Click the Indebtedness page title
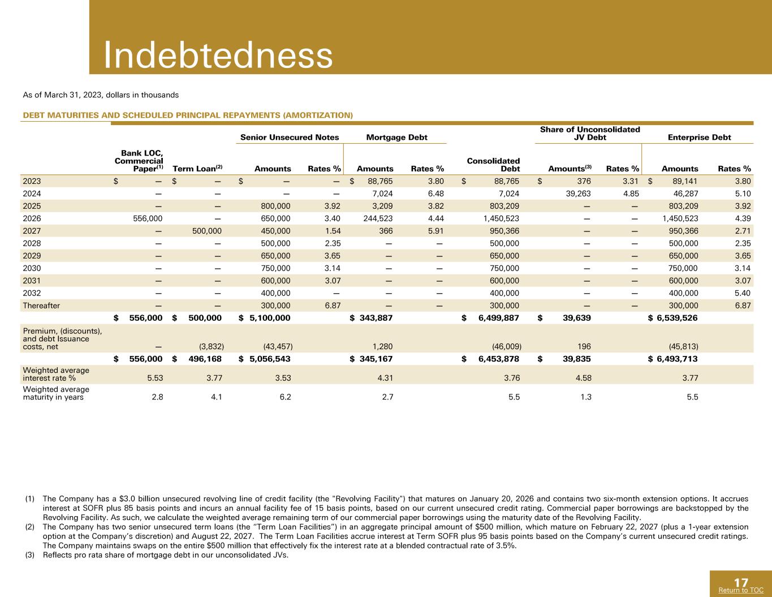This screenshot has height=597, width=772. [218, 55]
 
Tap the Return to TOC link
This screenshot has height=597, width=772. [741, 590]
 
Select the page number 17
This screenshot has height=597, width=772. [741, 583]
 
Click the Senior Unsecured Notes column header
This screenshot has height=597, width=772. [290, 137]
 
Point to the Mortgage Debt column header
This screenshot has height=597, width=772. [396, 137]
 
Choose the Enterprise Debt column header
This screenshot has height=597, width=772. [699, 137]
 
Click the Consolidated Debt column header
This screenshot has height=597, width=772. [493, 165]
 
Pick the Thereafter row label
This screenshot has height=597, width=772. [41, 306]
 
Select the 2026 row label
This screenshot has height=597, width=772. [32, 218]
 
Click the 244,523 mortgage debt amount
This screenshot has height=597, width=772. [378, 218]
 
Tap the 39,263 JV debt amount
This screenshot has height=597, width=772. [578, 194]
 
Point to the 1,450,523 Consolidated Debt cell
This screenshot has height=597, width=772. [501, 218]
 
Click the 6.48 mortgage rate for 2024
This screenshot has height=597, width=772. [435, 194]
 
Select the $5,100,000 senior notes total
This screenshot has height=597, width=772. [265, 318]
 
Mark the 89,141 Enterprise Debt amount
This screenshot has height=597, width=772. [684, 181]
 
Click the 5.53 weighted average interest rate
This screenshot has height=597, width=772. [155, 378]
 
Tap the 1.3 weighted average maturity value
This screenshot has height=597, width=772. [586, 397]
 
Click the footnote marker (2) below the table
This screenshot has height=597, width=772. [29, 527]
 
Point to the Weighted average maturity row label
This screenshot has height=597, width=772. [56, 393]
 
